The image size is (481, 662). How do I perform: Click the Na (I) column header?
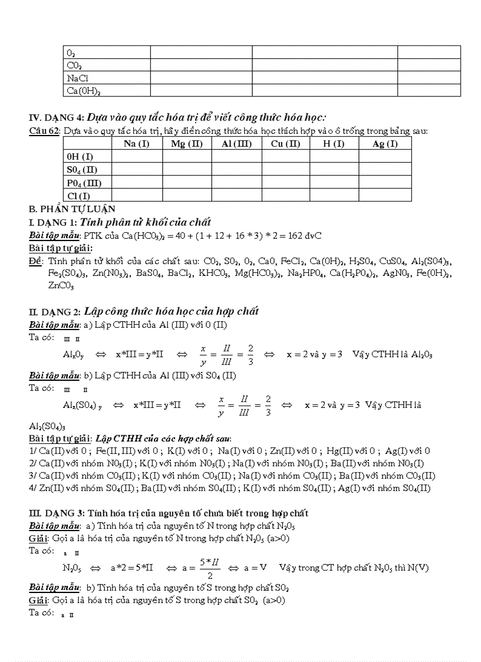[x=137, y=144]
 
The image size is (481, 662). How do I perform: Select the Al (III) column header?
[x=236, y=144]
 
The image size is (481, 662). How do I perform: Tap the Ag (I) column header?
[x=385, y=144]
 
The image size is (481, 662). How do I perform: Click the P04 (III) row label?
[x=84, y=183]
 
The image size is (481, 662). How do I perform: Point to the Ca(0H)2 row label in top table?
[x=84, y=91]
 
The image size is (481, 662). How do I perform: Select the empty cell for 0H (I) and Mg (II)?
[x=187, y=157]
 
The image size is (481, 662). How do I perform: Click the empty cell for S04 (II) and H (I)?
[x=334, y=170]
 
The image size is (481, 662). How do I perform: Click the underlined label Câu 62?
[x=44, y=131]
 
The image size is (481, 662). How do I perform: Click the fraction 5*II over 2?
[x=210, y=568]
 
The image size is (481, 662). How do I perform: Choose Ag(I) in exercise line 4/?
[x=353, y=488]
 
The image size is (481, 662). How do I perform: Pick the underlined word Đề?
[x=35, y=261]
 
